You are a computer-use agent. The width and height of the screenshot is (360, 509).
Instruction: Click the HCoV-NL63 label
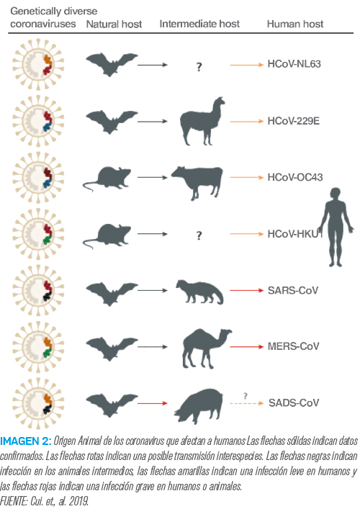pos(294,64)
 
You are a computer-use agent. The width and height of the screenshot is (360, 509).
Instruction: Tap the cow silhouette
pos(197,181)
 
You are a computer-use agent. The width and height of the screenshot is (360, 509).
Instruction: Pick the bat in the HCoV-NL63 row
pos(112,64)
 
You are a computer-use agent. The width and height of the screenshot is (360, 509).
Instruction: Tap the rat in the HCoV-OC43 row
pos(107,179)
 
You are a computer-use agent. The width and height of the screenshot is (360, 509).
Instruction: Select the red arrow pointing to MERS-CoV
pos(247,347)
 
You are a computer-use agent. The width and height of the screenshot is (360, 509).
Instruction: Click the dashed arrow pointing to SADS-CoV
pos(247,403)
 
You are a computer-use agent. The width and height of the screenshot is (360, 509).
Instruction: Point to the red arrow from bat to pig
pos(152,403)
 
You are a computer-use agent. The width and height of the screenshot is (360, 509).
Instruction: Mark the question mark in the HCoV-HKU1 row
pos(199,235)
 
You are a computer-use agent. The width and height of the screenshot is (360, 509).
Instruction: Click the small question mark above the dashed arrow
pos(246,396)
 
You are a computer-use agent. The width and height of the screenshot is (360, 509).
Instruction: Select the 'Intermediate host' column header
pos(199,24)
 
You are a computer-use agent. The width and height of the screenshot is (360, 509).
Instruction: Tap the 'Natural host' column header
pos(114,24)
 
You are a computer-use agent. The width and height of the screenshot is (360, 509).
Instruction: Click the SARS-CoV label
pos(293,290)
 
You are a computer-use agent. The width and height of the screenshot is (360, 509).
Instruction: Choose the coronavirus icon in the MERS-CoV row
pos(38,347)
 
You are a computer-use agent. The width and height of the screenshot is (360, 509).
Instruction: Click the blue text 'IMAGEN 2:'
pos(26,441)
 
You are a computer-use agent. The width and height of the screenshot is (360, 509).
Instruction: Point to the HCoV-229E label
pos(294,121)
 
